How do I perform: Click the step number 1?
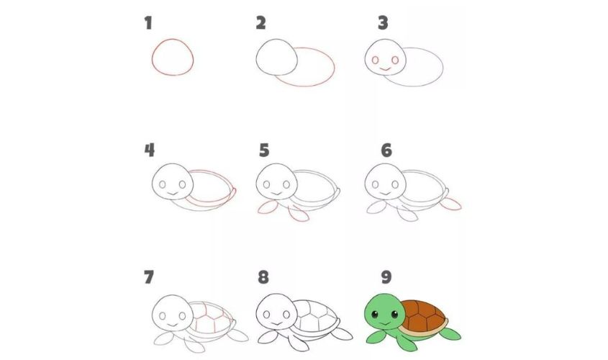(x=148, y=24)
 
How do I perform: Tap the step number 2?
(x=261, y=24)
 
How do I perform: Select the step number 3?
(x=383, y=24)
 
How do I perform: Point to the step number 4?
(x=149, y=150)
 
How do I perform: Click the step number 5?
(x=264, y=150)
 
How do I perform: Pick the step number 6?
(x=386, y=150)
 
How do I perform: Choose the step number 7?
(x=149, y=277)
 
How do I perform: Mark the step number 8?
(x=264, y=277)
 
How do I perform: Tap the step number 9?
(x=386, y=277)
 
